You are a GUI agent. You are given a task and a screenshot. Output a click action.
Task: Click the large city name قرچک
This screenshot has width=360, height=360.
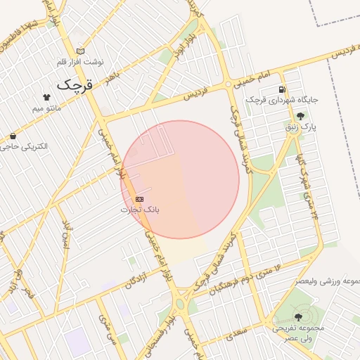pyautogui.click(x=74, y=84)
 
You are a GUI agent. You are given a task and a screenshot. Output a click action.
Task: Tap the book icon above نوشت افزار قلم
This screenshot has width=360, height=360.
pyautogui.click(x=80, y=51)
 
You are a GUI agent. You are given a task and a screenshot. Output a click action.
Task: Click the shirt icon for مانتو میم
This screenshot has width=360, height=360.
pyautogui.click(x=46, y=98)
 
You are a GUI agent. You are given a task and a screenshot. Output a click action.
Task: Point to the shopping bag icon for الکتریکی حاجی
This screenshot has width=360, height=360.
pyautogui.click(x=13, y=136)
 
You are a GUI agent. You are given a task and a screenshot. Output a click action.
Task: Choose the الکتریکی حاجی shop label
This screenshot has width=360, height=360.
pyautogui.click(x=24, y=146)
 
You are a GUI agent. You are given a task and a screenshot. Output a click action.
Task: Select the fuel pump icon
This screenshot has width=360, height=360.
pyautogui.click(x=282, y=89)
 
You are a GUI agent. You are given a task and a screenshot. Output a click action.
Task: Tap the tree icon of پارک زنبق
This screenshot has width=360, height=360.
pyautogui.click(x=301, y=116)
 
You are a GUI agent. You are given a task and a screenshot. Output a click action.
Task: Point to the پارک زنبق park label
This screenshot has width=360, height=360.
pyautogui.click(x=301, y=127)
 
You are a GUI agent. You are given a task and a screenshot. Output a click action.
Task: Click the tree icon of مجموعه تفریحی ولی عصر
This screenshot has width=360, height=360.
pyautogui.click(x=302, y=317)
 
